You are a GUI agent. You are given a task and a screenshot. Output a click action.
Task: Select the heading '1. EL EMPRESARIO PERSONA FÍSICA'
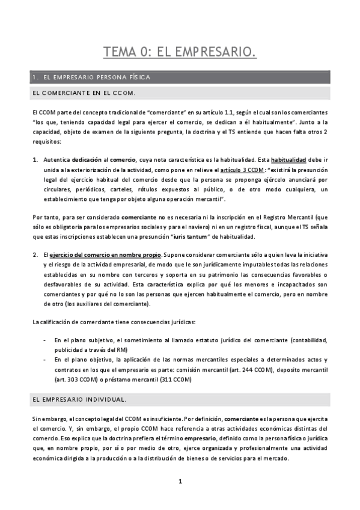[x=95, y=77]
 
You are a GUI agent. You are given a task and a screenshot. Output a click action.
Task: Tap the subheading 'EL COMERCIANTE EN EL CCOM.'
[x=84, y=93]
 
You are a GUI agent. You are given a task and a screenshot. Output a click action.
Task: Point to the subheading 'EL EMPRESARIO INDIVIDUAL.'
[x=79, y=399]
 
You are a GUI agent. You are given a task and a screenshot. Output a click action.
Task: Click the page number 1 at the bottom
[x=180, y=481]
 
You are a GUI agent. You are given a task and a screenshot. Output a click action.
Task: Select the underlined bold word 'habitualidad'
[x=290, y=160]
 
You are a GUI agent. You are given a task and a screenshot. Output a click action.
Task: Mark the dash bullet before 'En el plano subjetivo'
[x=47, y=339]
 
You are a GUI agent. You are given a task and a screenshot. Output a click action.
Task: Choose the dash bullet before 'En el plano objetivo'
[x=47, y=359]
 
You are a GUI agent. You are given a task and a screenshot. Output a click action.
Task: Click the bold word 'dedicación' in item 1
[x=87, y=160]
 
